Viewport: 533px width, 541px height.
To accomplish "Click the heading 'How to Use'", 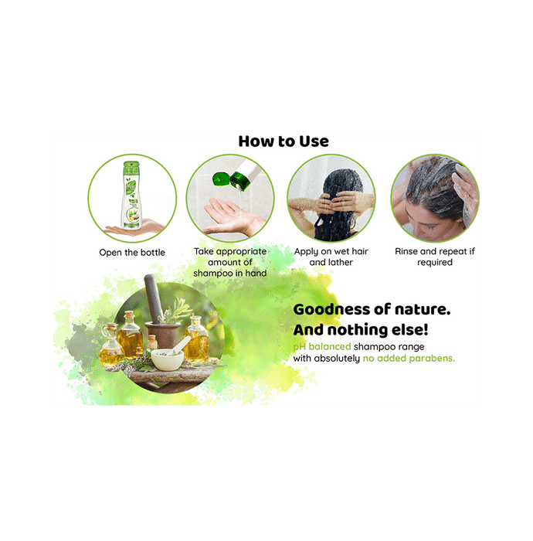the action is pos(283,141).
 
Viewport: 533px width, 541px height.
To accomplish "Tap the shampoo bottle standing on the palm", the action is pos(131,195).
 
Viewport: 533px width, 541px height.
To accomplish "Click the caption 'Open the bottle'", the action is pos(132,253).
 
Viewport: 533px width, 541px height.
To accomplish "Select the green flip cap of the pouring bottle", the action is pos(222,179).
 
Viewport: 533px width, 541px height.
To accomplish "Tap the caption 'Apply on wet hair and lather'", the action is pos(331,257).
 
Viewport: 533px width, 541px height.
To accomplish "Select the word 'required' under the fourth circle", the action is pos(435,263).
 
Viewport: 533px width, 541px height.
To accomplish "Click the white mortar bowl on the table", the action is pos(168,359).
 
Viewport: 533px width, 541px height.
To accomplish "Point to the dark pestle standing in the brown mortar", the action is pos(154,299).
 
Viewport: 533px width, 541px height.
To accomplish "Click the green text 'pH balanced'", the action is pos(322,347).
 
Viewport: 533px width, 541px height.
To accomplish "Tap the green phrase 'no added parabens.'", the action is pos(409,359).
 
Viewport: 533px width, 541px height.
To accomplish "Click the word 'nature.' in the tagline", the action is pos(423,309).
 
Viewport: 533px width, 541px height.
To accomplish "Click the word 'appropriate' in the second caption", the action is pos(241,252).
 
